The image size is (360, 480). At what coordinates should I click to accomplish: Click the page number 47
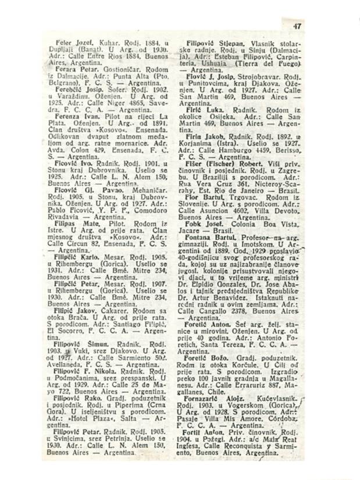pyautogui.click(x=298, y=26)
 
